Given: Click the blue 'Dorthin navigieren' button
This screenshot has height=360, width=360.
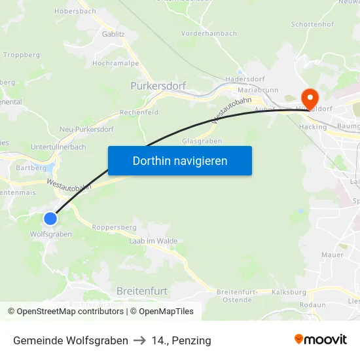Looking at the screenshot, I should point(180,160).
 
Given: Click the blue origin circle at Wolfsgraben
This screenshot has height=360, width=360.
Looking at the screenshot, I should point(50,219).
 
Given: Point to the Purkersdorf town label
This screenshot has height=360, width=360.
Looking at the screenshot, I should point(158,86).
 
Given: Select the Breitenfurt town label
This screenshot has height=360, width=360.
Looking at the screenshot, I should point(141,290).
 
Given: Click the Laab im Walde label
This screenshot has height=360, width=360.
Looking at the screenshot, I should point(153,241).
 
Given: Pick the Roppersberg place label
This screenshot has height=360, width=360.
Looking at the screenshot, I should point(114,227).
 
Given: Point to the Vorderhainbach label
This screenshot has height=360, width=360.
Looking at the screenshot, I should point(209,33).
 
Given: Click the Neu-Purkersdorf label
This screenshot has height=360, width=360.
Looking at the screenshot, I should point(86,129).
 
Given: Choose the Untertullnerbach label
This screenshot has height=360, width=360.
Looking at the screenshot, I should point(58,147).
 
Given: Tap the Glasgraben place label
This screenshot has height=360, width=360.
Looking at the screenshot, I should point(202,141).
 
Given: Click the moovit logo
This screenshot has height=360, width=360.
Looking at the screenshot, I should point(321,339).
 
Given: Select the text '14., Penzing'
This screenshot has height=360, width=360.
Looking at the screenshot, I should point(181,340).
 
